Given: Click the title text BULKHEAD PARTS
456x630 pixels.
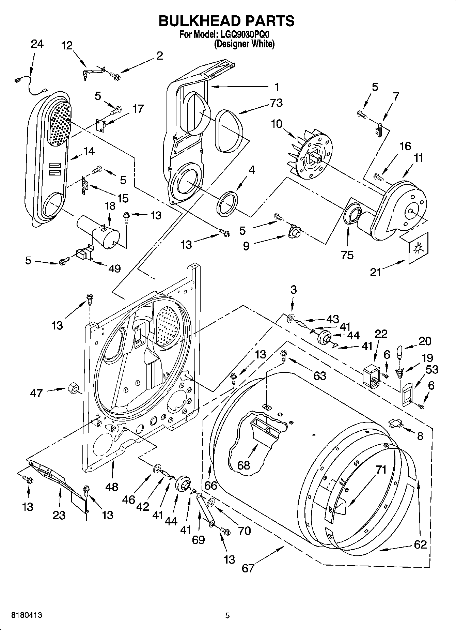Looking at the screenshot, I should click(x=227, y=21).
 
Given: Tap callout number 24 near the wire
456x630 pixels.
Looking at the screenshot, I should click(x=37, y=44).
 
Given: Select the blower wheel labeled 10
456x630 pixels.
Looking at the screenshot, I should click(x=312, y=153).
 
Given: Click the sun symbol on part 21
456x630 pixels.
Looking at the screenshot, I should click(x=416, y=249).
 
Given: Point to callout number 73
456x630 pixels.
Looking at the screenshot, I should click(x=276, y=103).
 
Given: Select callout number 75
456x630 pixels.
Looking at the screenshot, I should click(x=347, y=255).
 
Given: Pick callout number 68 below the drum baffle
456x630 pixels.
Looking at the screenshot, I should click(x=243, y=465).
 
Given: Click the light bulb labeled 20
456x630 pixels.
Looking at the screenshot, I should click(x=400, y=352).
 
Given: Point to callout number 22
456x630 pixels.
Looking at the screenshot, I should click(x=381, y=334).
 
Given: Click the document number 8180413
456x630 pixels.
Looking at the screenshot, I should click(x=27, y=615).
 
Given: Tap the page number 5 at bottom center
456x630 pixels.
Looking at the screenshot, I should click(x=227, y=615).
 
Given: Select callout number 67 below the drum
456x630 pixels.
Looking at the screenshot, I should click(x=248, y=568).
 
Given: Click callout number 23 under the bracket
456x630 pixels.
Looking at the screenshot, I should click(x=59, y=515).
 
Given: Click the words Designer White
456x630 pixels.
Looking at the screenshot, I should click(x=244, y=44).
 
